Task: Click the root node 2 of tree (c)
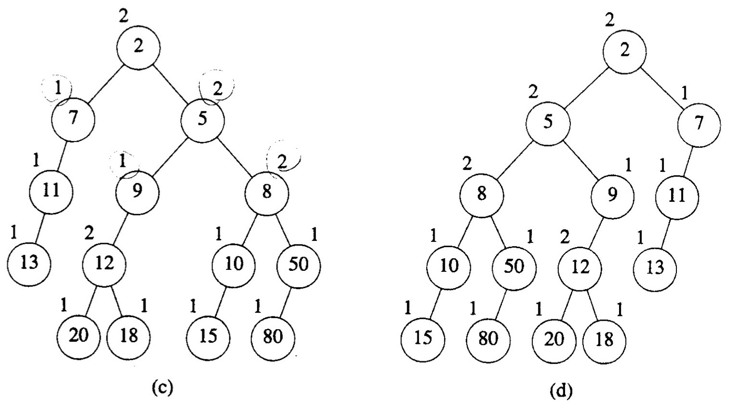(138, 46)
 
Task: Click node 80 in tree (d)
(488, 337)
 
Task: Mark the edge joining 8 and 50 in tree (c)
(282, 229)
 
